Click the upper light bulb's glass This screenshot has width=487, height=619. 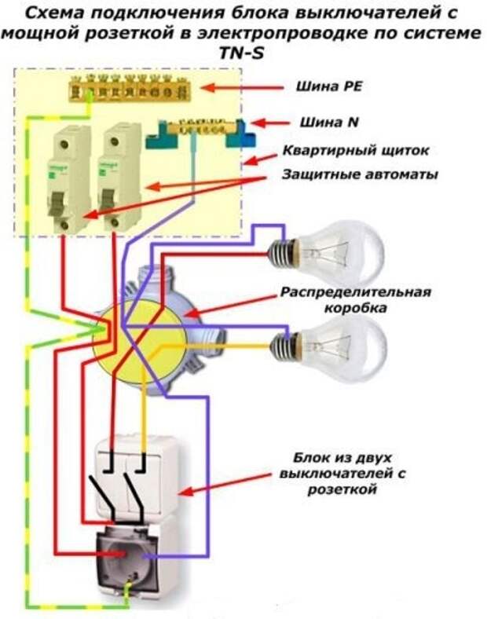(x=342, y=253)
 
